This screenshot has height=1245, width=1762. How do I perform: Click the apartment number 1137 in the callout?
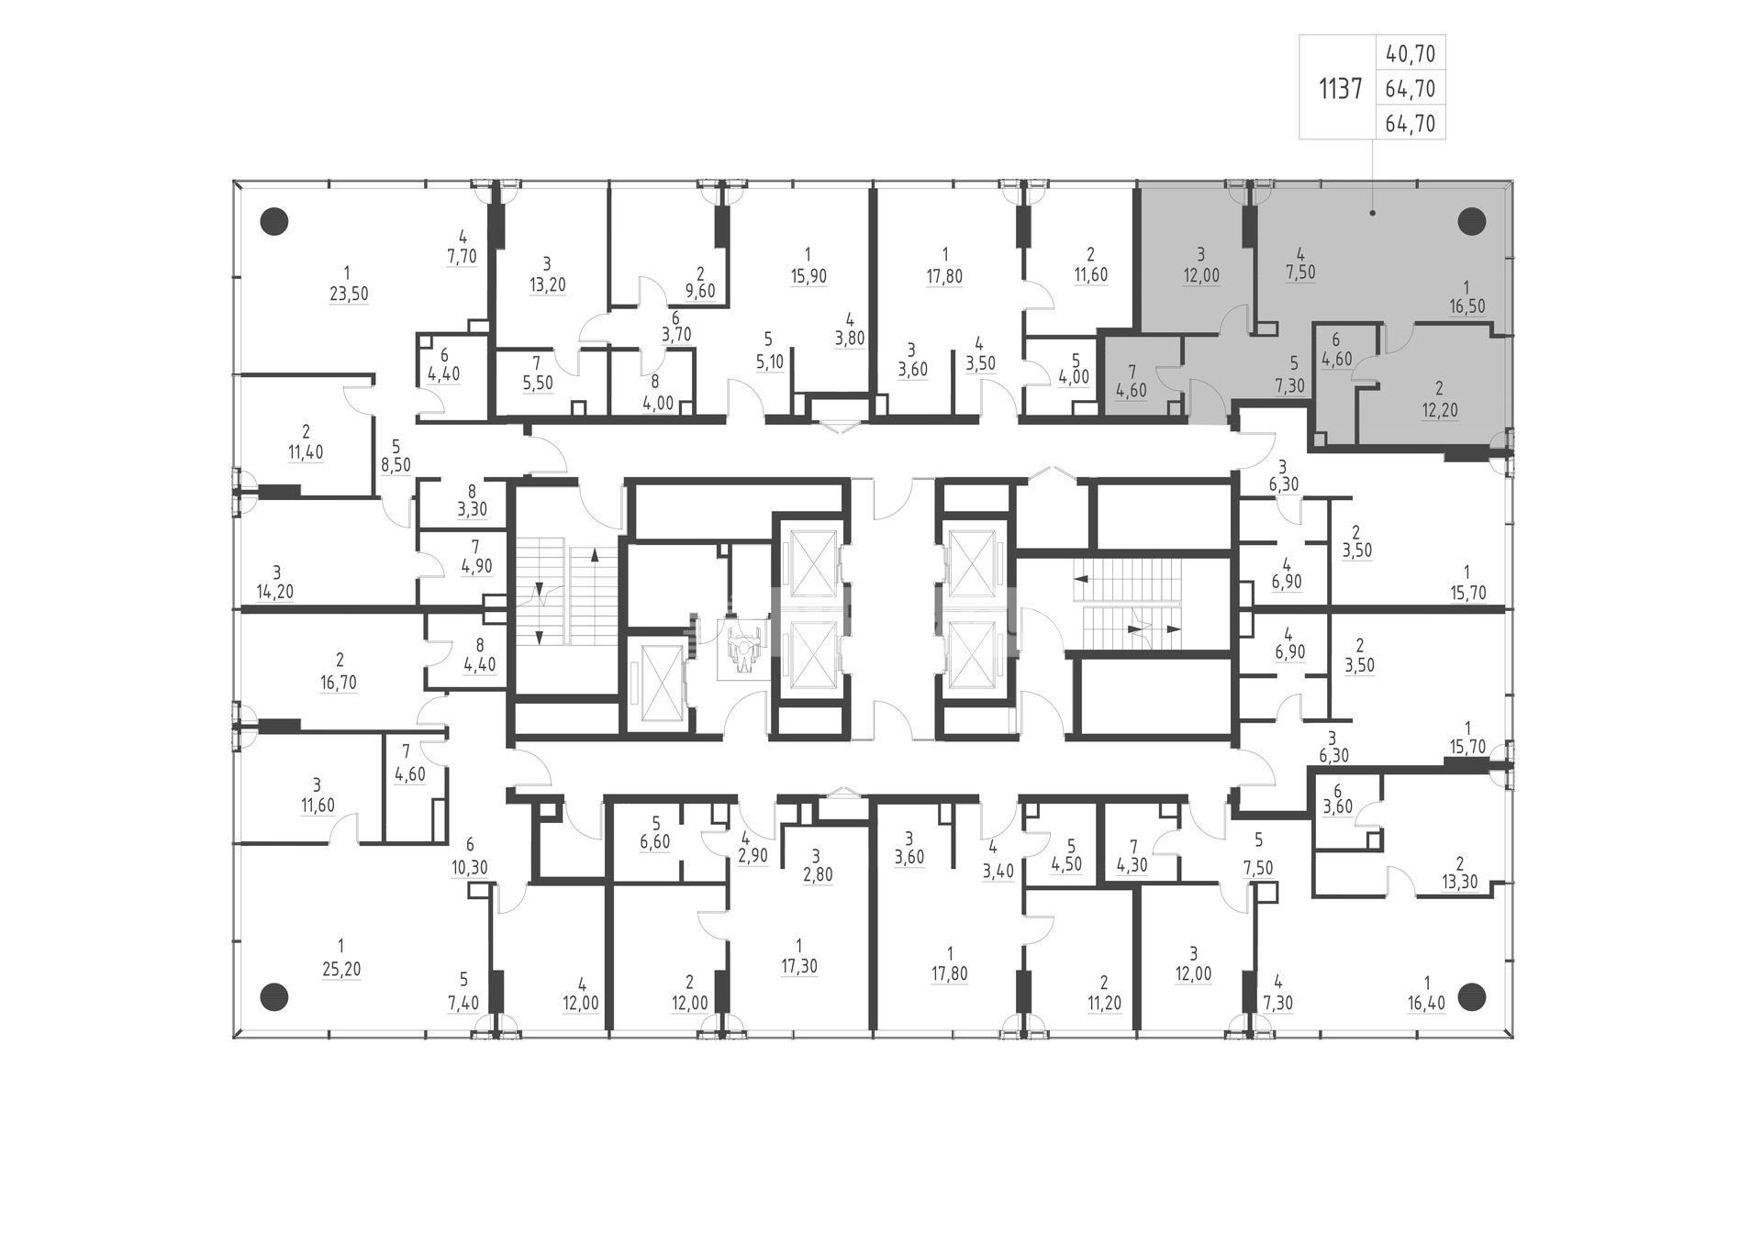click(1341, 89)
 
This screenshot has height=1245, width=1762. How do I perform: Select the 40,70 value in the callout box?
click(1411, 54)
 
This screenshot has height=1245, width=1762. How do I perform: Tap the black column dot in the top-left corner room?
click(274, 221)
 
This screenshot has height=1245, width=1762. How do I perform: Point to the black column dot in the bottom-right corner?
click(1472, 996)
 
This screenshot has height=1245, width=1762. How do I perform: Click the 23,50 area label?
click(346, 295)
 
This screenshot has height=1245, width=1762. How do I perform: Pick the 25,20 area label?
click(340, 970)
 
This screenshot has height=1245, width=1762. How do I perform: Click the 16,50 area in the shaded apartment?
click(1466, 306)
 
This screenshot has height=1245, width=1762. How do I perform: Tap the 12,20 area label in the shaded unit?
click(1439, 411)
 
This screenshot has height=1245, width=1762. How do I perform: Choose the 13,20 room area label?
click(547, 284)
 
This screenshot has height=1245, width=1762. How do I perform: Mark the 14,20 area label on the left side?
click(275, 592)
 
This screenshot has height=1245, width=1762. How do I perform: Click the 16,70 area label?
click(340, 683)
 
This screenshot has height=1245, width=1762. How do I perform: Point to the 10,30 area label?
click(470, 867)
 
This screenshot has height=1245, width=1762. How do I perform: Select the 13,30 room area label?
click(1459, 883)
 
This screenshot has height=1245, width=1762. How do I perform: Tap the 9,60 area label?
click(700, 292)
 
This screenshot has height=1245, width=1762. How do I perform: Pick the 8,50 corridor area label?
click(396, 465)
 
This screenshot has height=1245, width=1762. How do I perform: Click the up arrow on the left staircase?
click(595, 555)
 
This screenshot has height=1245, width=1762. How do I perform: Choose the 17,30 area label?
click(799, 966)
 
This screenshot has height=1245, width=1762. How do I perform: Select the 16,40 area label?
click(1426, 1003)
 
